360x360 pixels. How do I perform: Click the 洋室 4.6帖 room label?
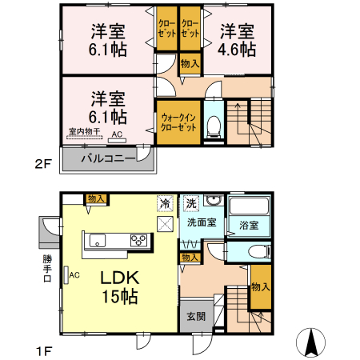point(238,40)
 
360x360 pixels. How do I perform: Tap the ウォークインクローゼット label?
point(178,122)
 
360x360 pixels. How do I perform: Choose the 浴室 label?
point(249,226)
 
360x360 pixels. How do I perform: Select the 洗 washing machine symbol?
point(190,203)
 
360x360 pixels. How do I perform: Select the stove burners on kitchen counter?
point(138,239)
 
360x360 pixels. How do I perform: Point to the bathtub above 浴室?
point(250,206)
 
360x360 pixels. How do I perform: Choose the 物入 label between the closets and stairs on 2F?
point(190,64)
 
